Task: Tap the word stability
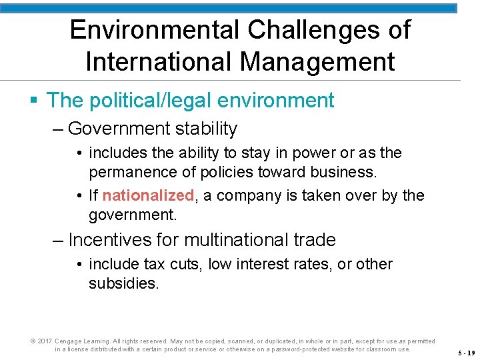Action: coord(207,128)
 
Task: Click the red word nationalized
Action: coord(148,195)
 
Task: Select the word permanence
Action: coord(132,172)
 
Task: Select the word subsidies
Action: coord(123,283)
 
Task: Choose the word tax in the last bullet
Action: coord(154,264)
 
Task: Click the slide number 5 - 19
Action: coord(467,353)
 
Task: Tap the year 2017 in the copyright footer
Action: coord(44,341)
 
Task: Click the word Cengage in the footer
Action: coord(67,341)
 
